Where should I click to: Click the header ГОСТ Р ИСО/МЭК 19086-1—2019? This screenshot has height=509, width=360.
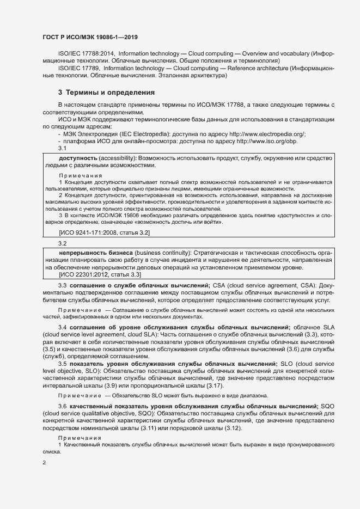tap(90, 38)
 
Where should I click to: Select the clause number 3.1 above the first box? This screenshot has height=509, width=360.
tap(62, 149)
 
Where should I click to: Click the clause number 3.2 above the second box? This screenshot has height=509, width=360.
tap(62, 244)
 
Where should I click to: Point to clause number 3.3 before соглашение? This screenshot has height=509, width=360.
tap(62, 285)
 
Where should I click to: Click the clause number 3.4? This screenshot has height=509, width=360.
tap(62, 326)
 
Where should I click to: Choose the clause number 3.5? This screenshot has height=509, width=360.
tap(62, 363)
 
